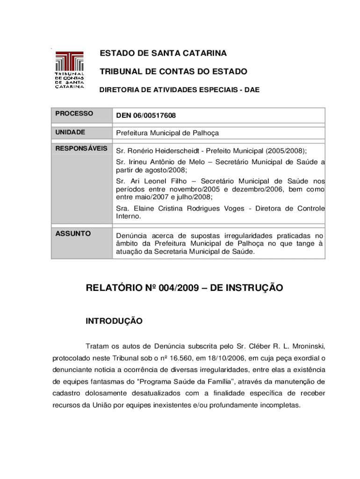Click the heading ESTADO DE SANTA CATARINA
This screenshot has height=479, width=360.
[163, 53]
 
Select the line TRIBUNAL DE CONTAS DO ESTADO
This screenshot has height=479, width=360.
[173, 72]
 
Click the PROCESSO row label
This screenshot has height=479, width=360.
[74, 114]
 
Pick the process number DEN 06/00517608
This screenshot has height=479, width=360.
[146, 115]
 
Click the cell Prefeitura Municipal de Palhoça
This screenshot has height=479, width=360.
[167, 133]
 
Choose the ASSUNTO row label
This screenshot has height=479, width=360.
[73, 233]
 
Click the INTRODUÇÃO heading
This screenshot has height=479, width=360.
[114, 321]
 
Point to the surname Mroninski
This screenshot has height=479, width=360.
[306, 347]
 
